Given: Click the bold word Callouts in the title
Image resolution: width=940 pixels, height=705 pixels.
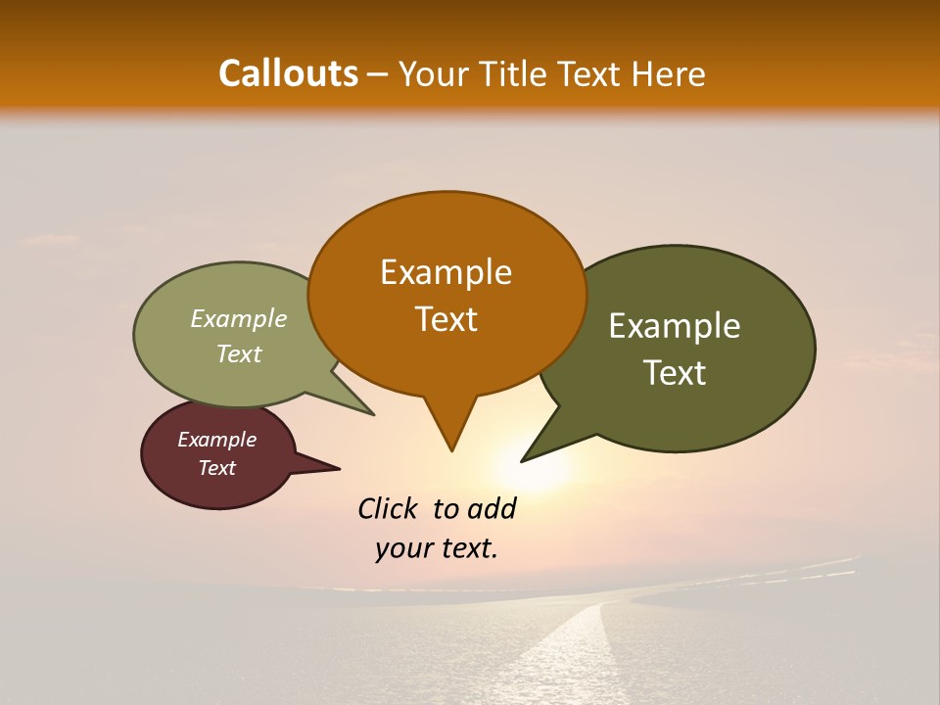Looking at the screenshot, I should coord(288,73).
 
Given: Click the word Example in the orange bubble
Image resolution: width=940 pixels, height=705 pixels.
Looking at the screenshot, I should coord(446,271).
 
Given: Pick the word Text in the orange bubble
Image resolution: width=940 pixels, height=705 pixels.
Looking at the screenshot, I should coord(446,318).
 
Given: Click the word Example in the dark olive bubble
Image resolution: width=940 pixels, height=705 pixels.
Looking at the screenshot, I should coord(675,325).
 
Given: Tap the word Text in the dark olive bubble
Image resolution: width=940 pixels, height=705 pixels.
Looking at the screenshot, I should coord(675,372).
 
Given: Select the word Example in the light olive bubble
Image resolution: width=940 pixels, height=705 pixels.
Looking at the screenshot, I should coord(238,318).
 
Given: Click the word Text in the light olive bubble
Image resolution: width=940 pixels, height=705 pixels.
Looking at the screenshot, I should coord(238,353).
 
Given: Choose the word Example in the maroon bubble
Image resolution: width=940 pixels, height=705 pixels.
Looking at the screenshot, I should coord(216,440).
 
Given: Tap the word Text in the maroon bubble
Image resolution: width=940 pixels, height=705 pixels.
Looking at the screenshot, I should coord(216,468).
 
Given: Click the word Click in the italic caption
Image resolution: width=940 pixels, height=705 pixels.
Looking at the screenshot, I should coord(387,508).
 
